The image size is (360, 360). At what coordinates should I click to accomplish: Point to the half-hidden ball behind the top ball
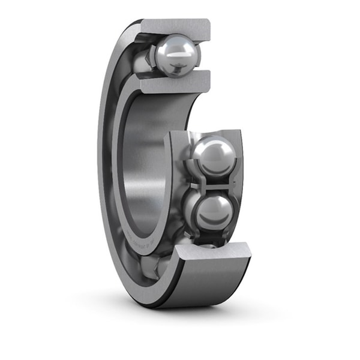tap(144, 60)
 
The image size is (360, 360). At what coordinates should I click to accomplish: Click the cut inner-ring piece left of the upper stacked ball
tap(176, 150)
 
